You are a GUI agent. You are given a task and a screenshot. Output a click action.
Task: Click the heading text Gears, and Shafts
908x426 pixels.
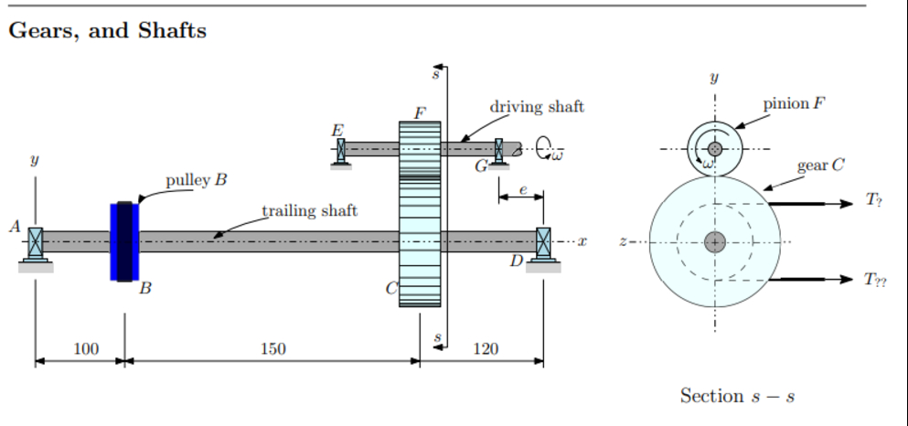point(108,31)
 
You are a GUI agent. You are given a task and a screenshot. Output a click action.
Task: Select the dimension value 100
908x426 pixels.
point(86,349)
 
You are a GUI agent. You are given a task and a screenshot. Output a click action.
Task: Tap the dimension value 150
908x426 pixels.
point(272,349)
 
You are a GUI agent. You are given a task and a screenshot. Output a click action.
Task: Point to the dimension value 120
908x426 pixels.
point(485,349)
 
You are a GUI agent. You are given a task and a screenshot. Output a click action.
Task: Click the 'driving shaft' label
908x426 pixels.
point(537,107)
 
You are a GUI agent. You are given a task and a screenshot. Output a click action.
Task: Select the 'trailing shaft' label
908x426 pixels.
point(310,211)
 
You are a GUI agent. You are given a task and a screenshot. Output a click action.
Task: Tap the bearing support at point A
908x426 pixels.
point(36,245)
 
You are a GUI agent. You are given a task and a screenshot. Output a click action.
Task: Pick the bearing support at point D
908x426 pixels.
point(543,245)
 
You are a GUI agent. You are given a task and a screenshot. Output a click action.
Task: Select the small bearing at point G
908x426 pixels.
point(498,151)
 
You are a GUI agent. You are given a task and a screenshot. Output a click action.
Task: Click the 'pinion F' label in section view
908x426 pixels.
point(793,103)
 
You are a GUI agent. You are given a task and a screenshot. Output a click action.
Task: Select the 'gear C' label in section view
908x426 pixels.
point(819,166)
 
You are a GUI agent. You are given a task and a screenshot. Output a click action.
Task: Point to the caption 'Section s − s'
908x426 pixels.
point(737,396)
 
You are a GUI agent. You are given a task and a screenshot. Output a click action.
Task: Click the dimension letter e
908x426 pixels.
point(522,189)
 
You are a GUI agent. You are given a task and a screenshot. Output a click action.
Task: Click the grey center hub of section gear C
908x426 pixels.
point(715,242)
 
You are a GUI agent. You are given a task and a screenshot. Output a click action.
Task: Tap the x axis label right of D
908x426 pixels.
point(582,241)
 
